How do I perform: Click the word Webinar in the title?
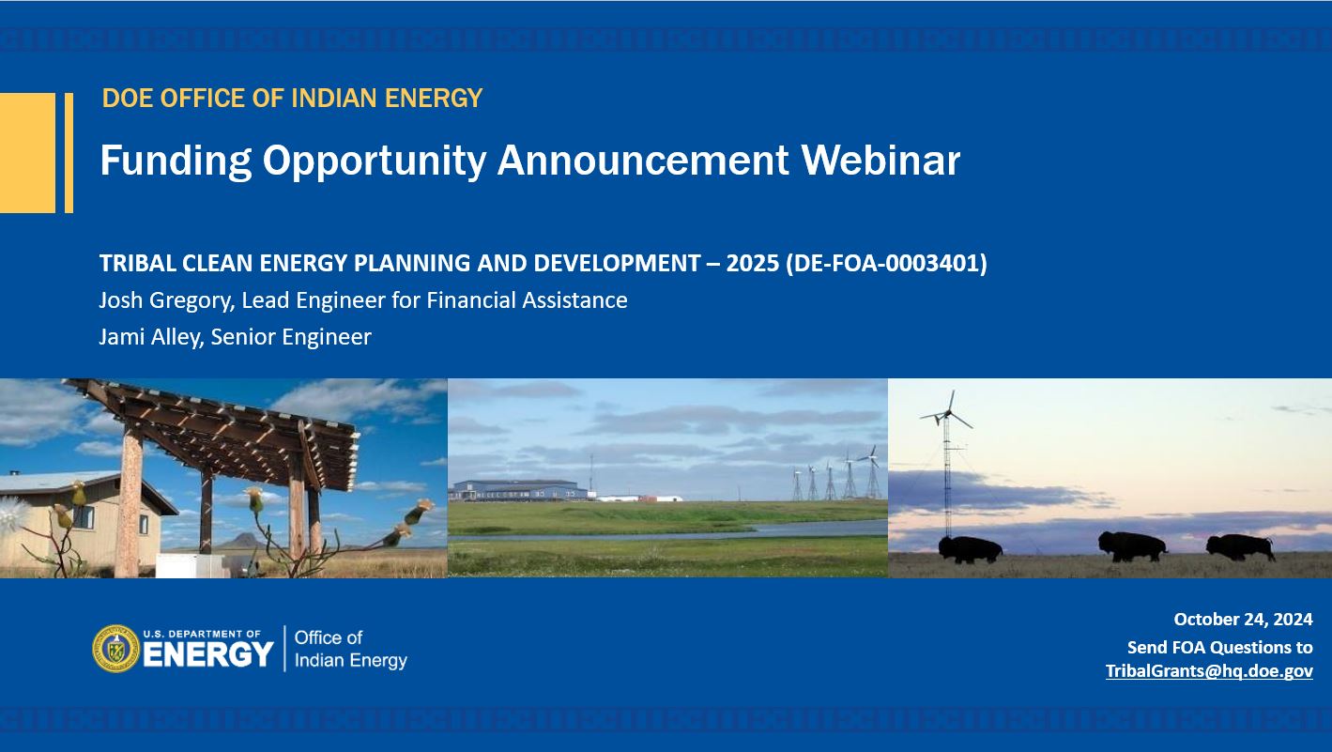(x=880, y=160)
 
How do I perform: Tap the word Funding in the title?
(x=176, y=161)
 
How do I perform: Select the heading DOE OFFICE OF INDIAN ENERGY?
(x=292, y=99)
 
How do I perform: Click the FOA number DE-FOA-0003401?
(x=886, y=263)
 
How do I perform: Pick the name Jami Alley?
(x=151, y=337)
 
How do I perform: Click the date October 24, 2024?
(x=1243, y=620)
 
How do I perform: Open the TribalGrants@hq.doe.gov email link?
(x=1209, y=671)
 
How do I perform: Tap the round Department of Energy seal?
(x=116, y=649)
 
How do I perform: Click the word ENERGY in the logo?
(x=208, y=655)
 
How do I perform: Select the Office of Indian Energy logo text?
(x=351, y=649)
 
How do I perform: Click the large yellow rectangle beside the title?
(x=27, y=153)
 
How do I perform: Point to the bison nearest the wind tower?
(x=970, y=549)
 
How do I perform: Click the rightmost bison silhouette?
(x=1240, y=547)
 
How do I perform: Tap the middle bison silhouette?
(x=1132, y=546)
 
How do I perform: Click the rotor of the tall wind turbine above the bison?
(x=948, y=412)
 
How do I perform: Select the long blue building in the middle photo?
(x=518, y=490)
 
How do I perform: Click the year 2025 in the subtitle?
(x=752, y=263)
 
